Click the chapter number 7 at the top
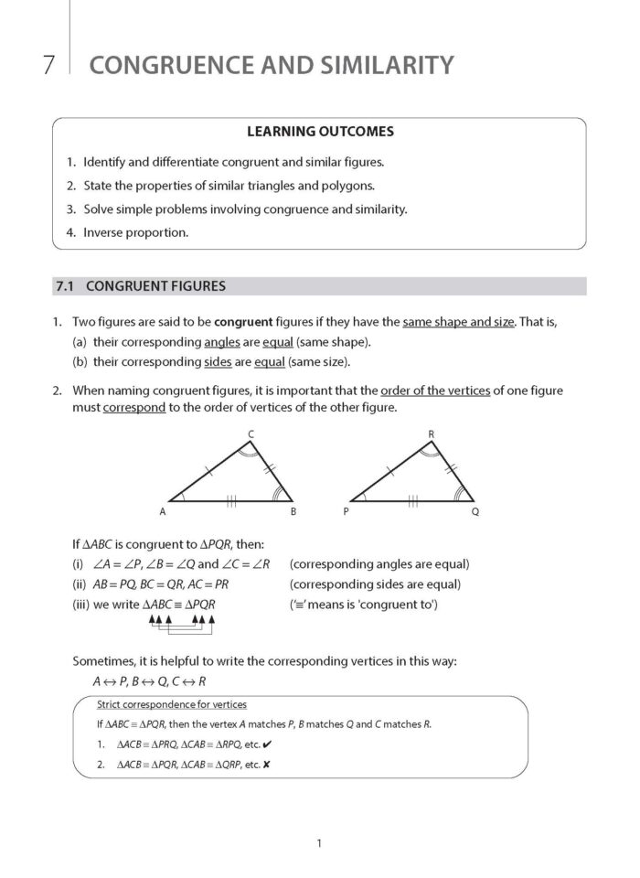(x=48, y=65)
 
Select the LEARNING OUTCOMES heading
(x=320, y=132)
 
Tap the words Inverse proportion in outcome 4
(x=135, y=232)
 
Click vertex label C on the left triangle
(x=251, y=433)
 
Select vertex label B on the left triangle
(x=293, y=512)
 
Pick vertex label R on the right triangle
(x=432, y=433)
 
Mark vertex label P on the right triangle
(x=346, y=512)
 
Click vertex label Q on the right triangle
(x=475, y=512)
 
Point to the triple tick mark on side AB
(x=232, y=501)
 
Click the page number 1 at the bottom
(x=318, y=843)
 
